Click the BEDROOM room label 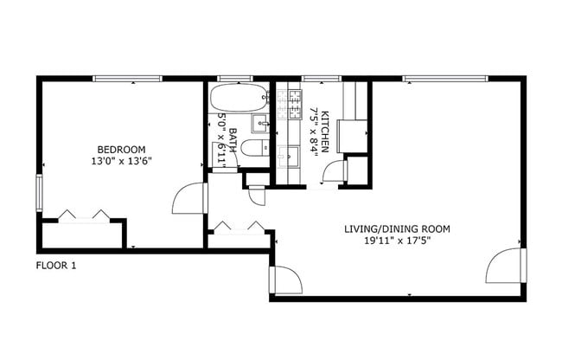click(121, 149)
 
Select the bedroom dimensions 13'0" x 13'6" click(121, 161)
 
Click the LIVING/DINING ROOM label click(397, 229)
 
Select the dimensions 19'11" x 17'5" click(397, 241)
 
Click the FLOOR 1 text click(56, 266)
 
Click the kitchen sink click(291, 155)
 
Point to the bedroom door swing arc click(188, 198)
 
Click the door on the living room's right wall click(506, 266)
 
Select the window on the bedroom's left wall click(38, 192)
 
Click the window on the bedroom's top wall click(127, 79)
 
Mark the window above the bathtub click(229, 79)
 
